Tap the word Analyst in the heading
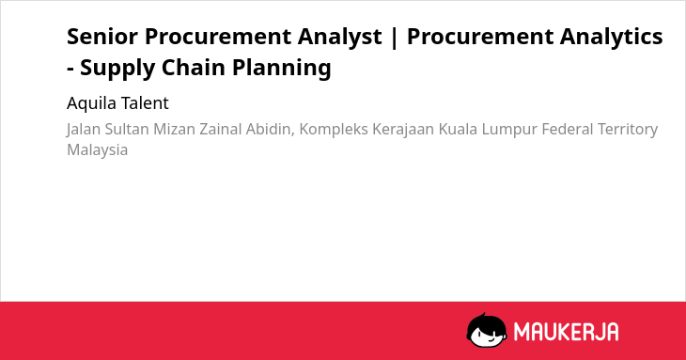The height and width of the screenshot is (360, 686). (x=340, y=38)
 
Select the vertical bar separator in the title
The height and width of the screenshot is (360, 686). (x=394, y=38)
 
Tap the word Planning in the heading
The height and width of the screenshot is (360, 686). (x=281, y=70)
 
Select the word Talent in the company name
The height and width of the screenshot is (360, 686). (x=145, y=103)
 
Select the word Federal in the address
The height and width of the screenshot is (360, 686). (x=567, y=129)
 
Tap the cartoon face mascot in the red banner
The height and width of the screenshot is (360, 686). (x=487, y=330)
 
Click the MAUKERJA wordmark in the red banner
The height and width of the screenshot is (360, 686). (x=566, y=332)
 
